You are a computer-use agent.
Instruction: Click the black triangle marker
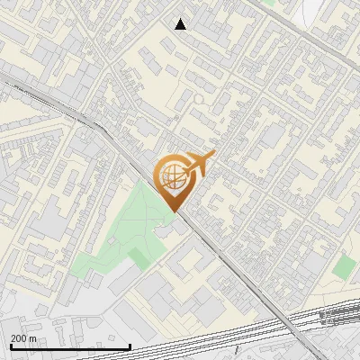(181, 24)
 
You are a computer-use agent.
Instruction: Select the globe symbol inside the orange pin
(171, 176)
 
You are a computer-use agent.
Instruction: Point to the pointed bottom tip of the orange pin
(173, 211)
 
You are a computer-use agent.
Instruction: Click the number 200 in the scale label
(18, 338)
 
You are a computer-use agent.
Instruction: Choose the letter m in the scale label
(33, 338)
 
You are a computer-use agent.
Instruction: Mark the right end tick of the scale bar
(130, 346)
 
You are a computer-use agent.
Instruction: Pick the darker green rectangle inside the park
(139, 258)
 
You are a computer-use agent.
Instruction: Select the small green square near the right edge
(344, 266)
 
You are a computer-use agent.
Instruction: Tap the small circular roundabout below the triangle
(197, 99)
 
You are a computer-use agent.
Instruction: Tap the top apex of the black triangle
(181, 18)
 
